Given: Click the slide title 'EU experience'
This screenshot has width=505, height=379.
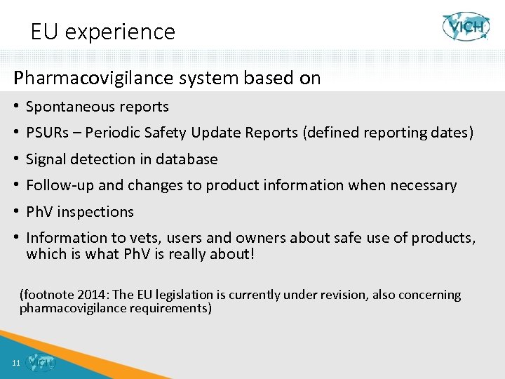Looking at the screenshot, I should [x=102, y=32].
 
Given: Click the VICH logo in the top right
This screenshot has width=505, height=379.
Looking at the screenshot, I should [x=466, y=27].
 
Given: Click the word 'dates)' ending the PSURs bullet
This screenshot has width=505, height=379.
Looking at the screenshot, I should [x=451, y=133].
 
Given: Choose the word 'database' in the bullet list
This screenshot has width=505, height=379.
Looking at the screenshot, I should [x=187, y=159].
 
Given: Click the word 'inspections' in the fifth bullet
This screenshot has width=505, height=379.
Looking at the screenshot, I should [x=98, y=212].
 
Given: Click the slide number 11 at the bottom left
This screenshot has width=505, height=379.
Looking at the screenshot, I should [x=15, y=363].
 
